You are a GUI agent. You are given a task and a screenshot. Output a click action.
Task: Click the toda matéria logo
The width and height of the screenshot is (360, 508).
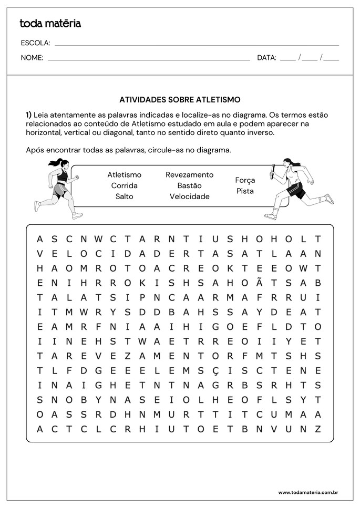(x=50, y=24)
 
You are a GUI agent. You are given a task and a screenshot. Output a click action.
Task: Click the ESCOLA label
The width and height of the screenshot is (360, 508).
(x=35, y=43)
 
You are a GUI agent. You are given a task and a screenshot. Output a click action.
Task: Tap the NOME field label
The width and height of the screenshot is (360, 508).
(x=32, y=58)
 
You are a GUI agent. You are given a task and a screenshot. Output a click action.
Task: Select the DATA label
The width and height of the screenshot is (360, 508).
(x=266, y=58)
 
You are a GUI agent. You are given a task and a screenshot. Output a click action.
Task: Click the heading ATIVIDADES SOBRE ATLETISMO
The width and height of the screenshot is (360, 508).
(x=180, y=99)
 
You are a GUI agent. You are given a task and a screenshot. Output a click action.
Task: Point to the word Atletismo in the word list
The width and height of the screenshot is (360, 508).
(x=124, y=175)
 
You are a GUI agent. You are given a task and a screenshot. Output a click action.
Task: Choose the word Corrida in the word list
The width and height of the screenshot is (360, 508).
(x=124, y=185)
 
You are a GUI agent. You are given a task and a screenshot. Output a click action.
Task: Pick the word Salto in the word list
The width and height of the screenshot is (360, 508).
(x=124, y=196)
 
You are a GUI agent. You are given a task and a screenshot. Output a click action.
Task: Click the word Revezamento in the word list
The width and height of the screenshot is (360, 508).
(x=189, y=175)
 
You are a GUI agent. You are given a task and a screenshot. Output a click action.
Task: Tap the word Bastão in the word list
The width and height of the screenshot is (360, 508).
(x=189, y=185)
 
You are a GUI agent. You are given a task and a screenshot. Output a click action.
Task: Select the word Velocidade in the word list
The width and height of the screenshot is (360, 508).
(x=189, y=196)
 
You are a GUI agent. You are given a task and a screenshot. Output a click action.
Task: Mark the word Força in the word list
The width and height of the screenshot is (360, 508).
(x=245, y=180)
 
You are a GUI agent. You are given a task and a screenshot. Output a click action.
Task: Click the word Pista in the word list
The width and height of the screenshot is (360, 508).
(x=245, y=191)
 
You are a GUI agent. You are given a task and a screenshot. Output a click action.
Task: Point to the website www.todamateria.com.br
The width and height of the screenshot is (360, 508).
(x=308, y=493)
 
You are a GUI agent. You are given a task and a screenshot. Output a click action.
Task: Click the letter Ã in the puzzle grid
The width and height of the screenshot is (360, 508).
(x=260, y=283)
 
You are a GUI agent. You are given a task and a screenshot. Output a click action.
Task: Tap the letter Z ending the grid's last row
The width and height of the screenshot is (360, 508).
(x=317, y=429)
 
